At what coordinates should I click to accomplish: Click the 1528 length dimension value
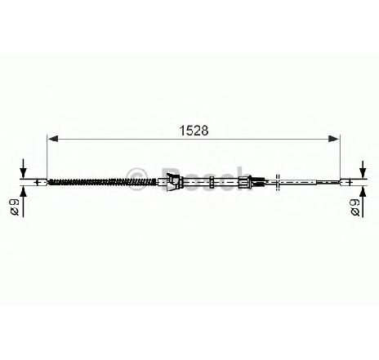tap(194, 131)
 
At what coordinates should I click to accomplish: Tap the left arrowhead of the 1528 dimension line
tap(52, 139)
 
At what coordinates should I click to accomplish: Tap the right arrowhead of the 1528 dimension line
tap(335, 139)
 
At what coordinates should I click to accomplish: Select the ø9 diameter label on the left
tap(14, 207)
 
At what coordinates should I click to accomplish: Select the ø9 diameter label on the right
tap(354, 207)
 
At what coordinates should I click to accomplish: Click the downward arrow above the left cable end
tap(24, 168)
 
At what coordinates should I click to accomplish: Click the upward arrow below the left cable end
tap(24, 202)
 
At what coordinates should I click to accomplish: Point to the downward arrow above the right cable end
tap(363, 169)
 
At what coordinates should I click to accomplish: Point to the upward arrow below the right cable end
tap(363, 202)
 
